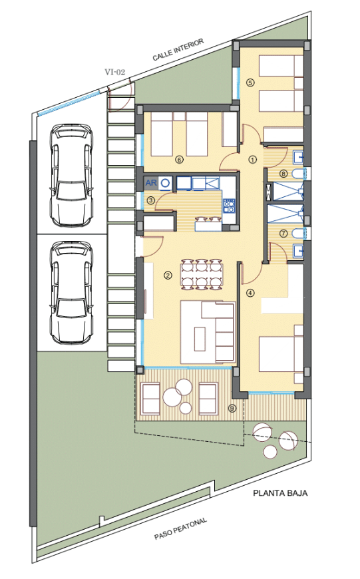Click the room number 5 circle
(250, 83)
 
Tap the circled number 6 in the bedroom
(179, 160)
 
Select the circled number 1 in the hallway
(253, 160)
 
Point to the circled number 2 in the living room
(168, 275)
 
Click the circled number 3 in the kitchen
(150, 201)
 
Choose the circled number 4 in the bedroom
(250, 293)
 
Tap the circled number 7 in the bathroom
(283, 234)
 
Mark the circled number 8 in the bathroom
(283, 173)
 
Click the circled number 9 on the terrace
(232, 409)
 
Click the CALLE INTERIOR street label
(178, 49)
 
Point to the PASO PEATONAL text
(180, 529)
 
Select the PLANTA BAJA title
(280, 493)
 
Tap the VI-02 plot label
(115, 72)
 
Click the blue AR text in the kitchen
(151, 182)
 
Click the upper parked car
(72, 176)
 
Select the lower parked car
(72, 292)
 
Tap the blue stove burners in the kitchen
(228, 206)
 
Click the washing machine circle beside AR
(166, 182)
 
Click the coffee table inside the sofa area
(200, 339)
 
